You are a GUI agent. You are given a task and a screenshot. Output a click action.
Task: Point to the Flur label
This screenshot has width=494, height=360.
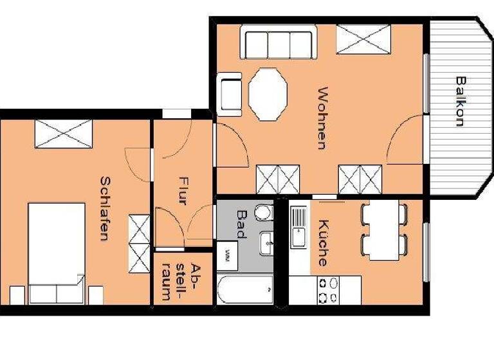(x=182, y=191)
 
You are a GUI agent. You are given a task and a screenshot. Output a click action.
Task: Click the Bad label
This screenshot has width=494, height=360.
(x=242, y=224)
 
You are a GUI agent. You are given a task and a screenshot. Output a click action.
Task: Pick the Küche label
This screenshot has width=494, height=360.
(x=322, y=243)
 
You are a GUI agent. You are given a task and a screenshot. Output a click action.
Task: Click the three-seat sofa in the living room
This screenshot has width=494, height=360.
(x=279, y=42)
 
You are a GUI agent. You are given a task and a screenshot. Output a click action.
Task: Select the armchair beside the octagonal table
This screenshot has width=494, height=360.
(x=230, y=94)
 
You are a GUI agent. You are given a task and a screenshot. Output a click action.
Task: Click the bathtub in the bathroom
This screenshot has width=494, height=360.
(x=244, y=291)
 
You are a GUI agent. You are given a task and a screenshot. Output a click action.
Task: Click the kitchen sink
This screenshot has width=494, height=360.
(x=299, y=227)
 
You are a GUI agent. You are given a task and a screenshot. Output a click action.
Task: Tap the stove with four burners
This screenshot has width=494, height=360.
(x=325, y=291)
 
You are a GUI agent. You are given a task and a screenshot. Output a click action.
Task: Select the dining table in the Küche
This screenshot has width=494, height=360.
(x=385, y=231)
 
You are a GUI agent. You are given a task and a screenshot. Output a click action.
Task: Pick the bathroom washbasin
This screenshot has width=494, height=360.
(x=266, y=244)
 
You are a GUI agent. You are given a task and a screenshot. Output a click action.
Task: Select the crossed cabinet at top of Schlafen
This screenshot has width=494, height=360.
(x=63, y=134)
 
